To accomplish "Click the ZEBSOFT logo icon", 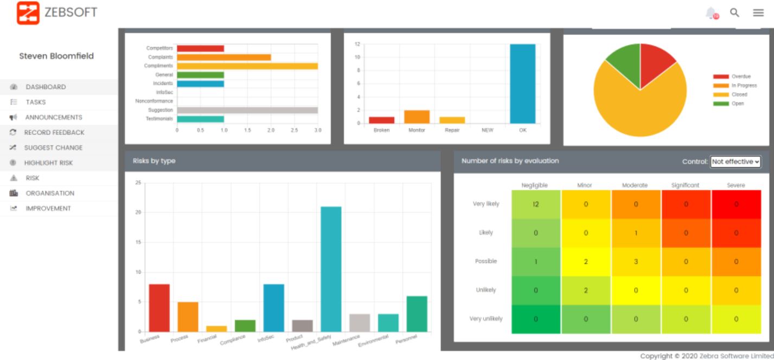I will point(29,13).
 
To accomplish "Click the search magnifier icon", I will point(734,12).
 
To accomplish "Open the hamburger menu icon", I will point(758,12).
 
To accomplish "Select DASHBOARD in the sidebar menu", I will point(46,87).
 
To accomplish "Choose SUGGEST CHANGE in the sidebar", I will point(53,147).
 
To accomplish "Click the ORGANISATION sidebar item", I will point(49,193).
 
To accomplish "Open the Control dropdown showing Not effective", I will point(735,161).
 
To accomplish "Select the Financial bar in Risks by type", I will point(216,329).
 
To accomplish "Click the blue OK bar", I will point(522,83).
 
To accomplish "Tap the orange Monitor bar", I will point(417,117).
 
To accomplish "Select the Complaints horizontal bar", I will point(223,57).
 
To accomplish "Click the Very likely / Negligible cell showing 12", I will point(535,204).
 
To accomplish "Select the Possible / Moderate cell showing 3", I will point(636,261).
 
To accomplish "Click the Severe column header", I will point(735,185).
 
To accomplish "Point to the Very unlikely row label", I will point(485,319).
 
